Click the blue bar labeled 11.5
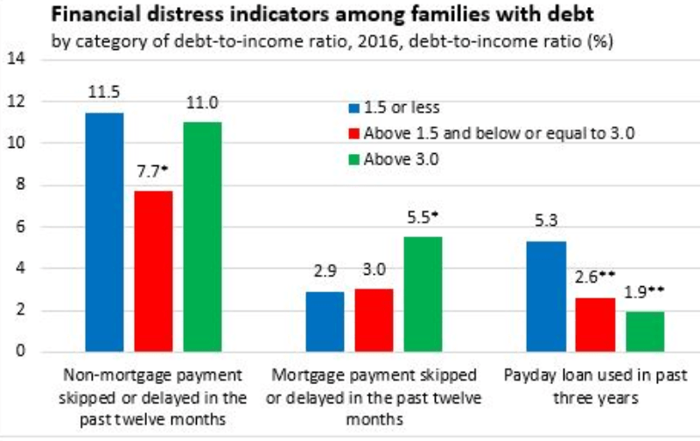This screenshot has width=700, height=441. click(x=105, y=232)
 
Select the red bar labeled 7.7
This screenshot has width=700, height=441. click(x=153, y=271)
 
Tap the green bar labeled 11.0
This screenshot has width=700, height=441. click(x=202, y=237)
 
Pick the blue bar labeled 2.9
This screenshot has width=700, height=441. click(x=325, y=321)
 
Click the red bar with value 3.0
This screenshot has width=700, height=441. click(x=374, y=320)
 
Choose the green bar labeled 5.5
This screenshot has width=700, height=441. click(x=422, y=294)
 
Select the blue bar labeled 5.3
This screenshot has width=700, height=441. click(x=545, y=297)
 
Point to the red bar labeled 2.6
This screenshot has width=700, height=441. click(x=594, y=325)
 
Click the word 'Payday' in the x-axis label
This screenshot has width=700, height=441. click(x=528, y=375)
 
